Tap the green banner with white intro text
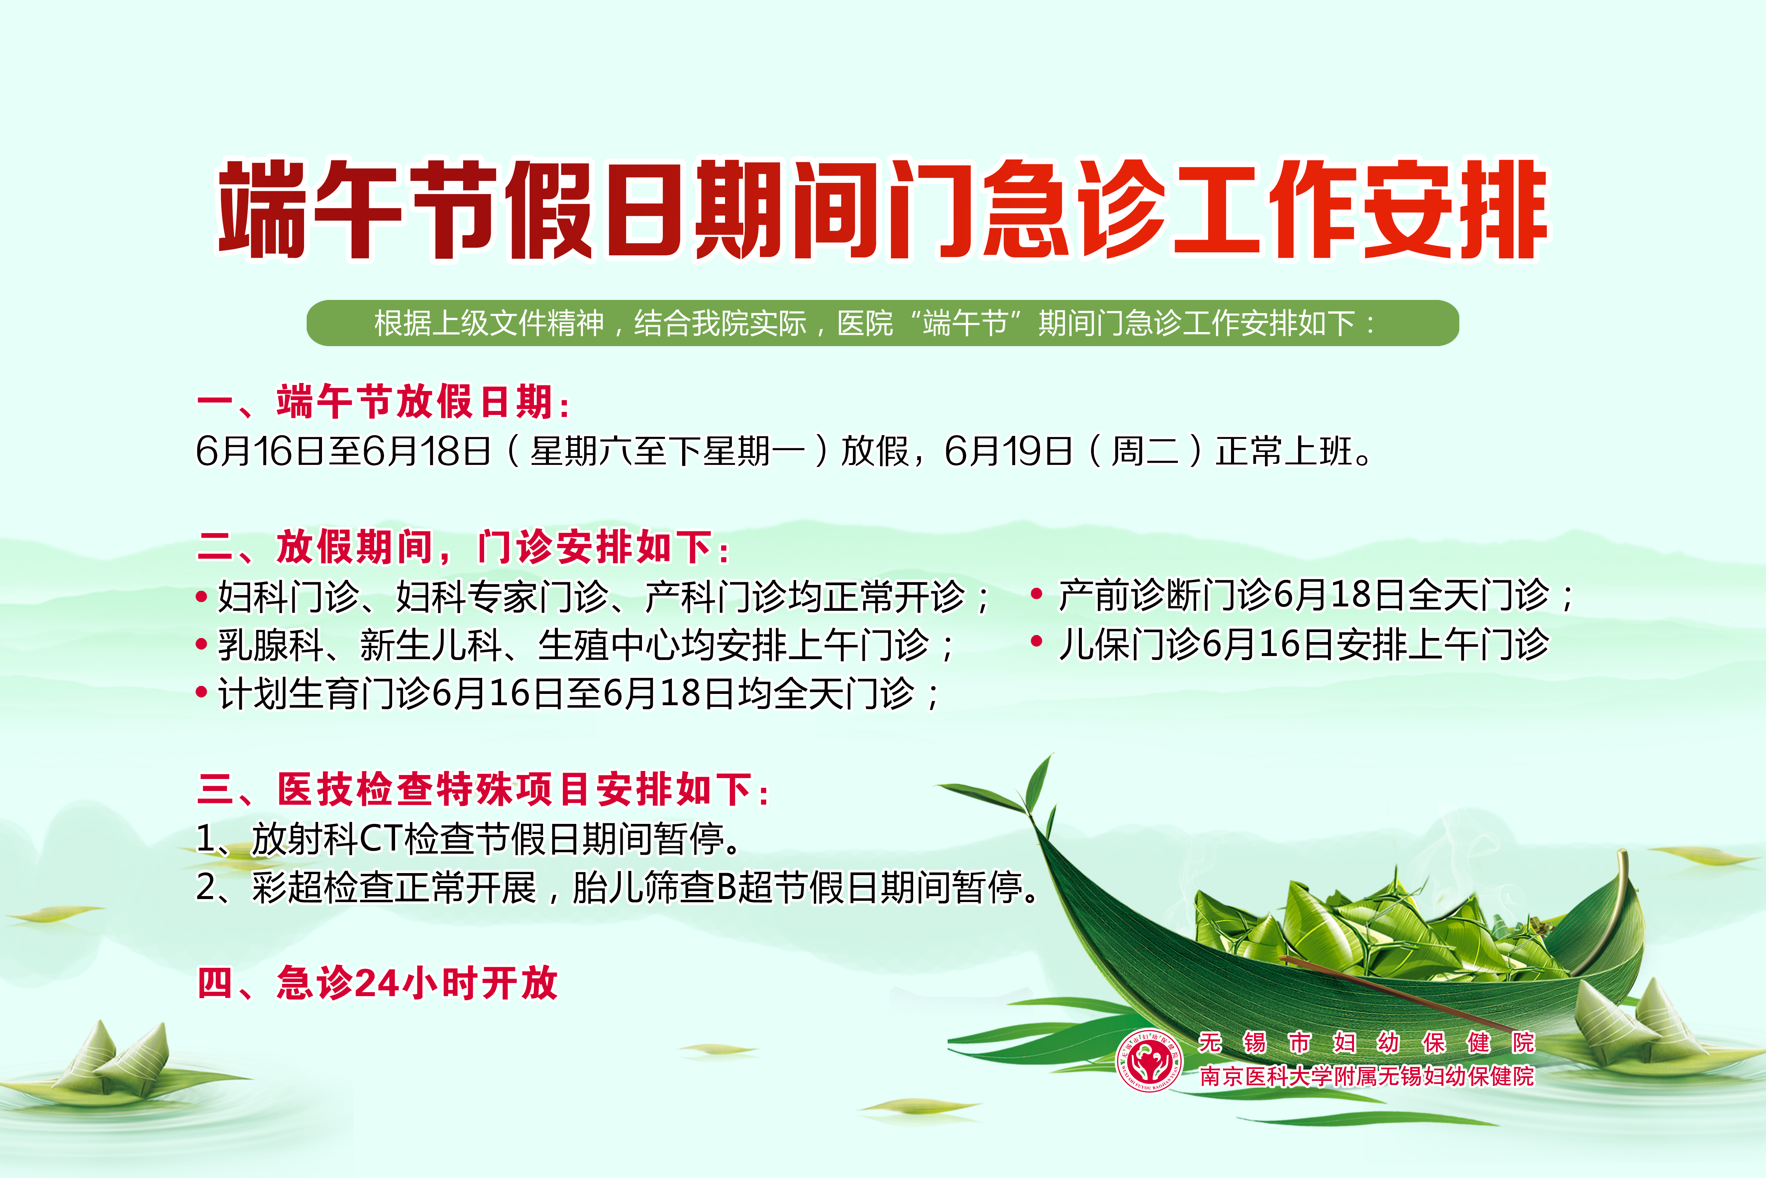coord(882,323)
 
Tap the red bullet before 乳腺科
coord(201,645)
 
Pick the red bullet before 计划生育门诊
coord(201,693)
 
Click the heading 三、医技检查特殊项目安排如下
coord(483,789)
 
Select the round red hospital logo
coord(1150,1060)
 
